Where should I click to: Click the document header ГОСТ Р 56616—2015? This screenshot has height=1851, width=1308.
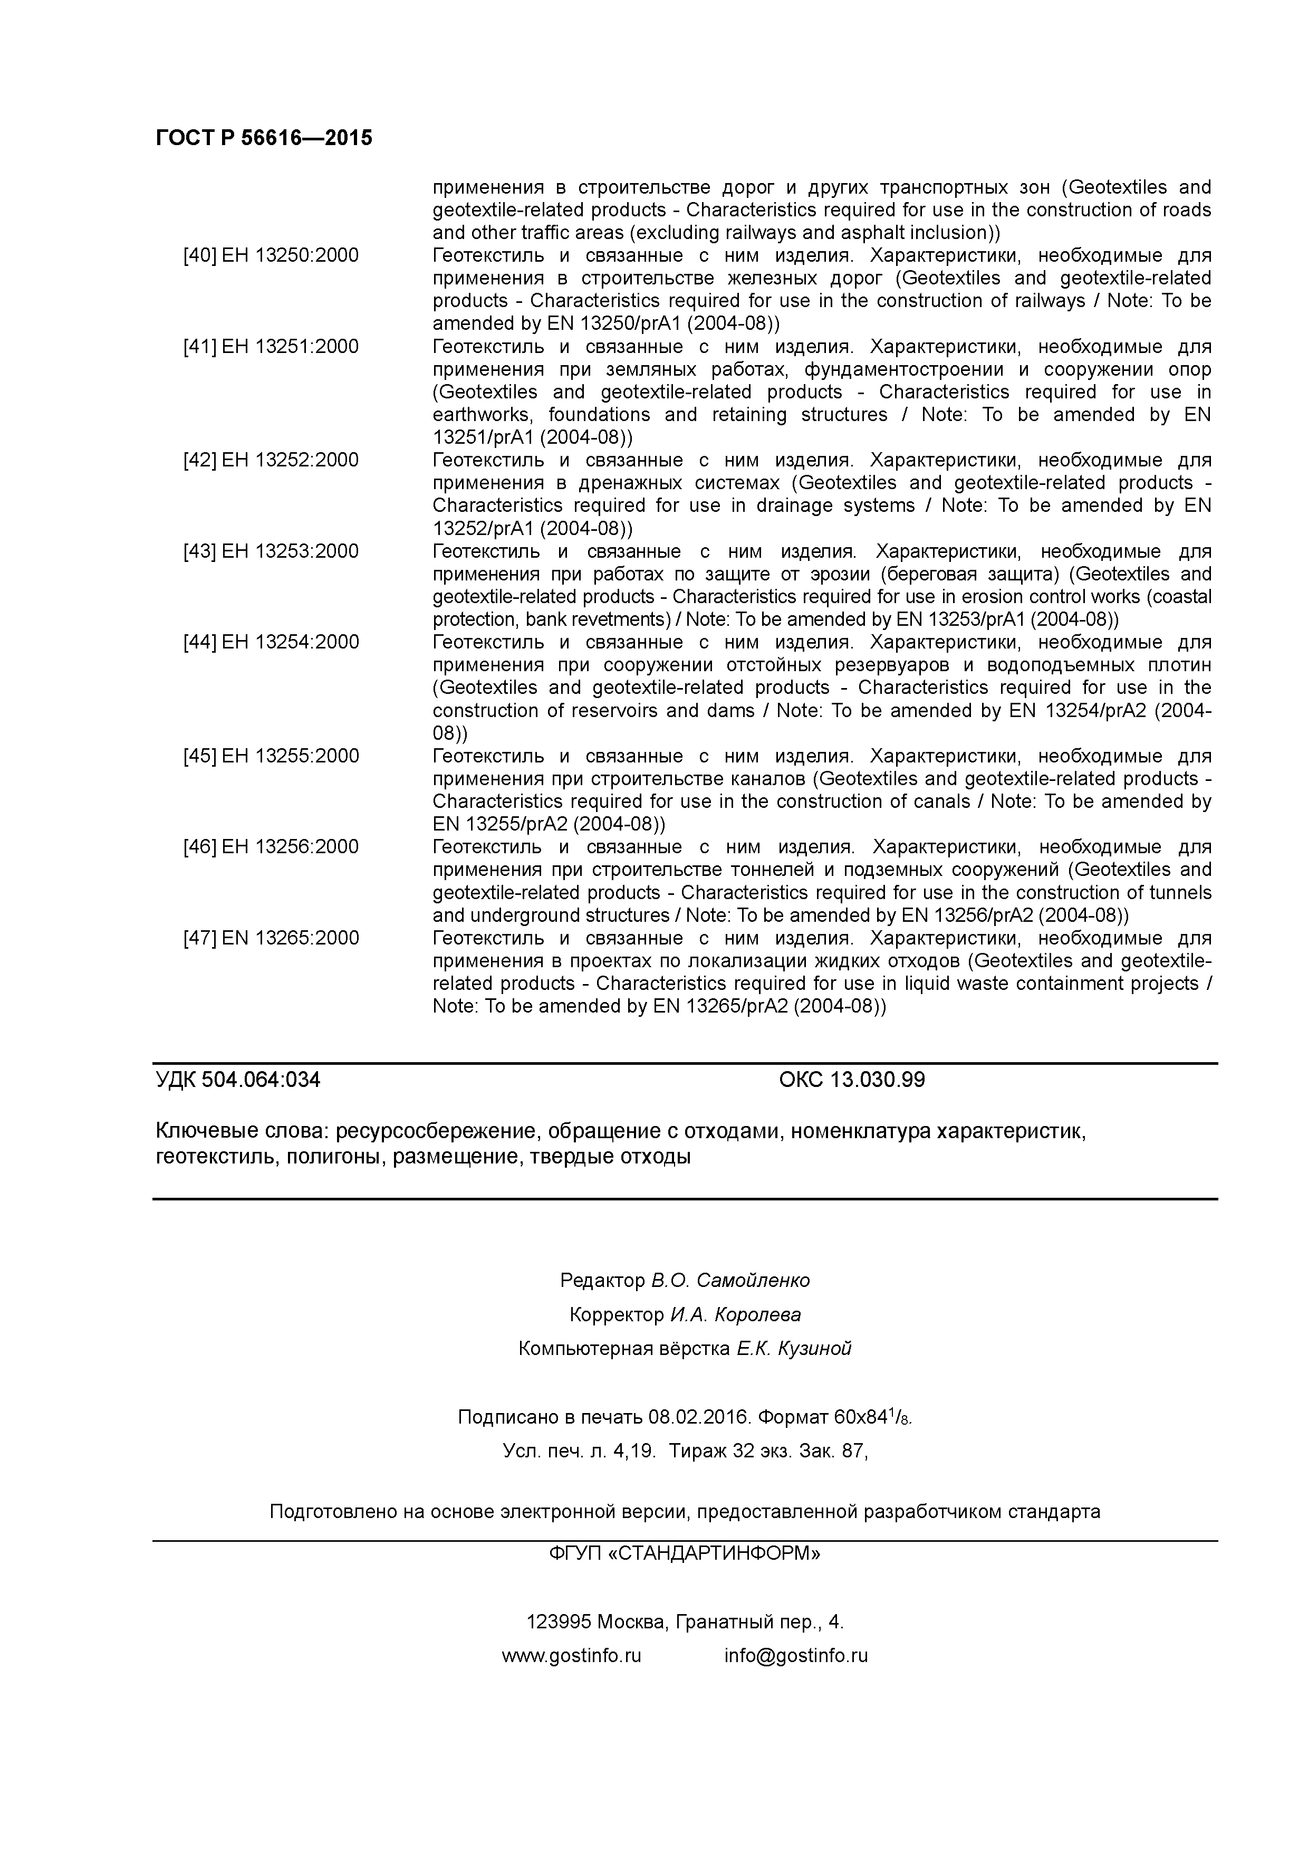(264, 138)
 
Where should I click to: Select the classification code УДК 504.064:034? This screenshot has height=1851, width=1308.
(238, 1080)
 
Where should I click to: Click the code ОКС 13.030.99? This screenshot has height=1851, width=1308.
(851, 1080)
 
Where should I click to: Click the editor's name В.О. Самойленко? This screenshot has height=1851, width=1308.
(730, 1280)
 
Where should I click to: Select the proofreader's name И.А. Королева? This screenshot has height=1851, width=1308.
(735, 1315)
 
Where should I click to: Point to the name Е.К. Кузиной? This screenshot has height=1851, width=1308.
(793, 1349)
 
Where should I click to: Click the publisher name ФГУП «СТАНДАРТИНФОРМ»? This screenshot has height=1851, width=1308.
(684, 1553)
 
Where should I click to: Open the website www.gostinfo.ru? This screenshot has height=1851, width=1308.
(571, 1656)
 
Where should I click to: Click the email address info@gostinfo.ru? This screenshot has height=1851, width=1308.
(795, 1656)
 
